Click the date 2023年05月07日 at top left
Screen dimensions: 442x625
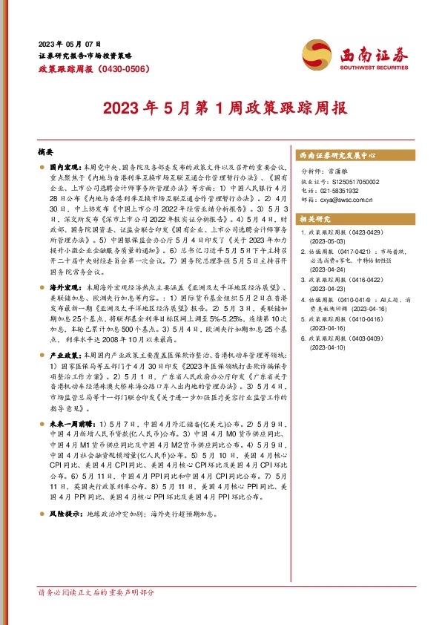[70, 44]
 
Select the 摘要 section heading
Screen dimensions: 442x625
[45, 151]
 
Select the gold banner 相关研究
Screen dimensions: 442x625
[314, 220]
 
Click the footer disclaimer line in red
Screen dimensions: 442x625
[96, 593]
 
